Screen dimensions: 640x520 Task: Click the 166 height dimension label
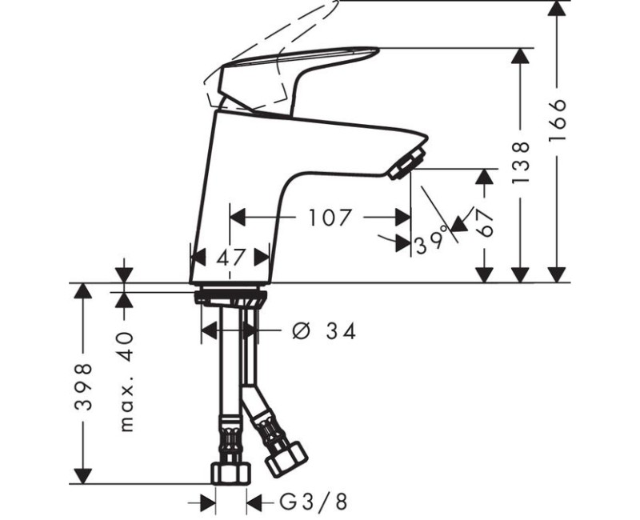pos(558,119)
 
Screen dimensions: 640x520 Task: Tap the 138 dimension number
pos(521,162)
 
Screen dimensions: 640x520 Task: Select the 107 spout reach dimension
pos(330,218)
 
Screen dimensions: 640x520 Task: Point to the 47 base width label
pos(230,257)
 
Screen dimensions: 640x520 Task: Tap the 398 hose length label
pos(83,386)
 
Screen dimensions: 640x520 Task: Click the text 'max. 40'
pos(127,382)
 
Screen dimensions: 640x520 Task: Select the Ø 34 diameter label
pos(325,330)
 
